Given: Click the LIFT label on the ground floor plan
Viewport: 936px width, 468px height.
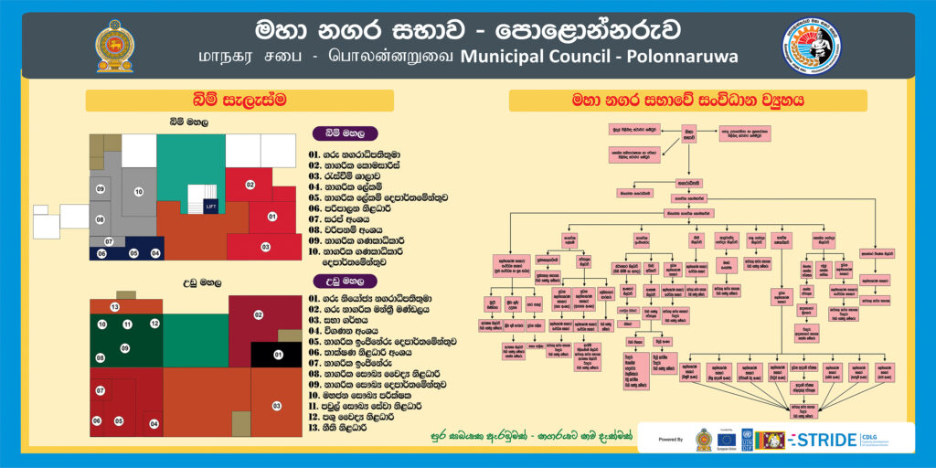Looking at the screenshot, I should [210, 207].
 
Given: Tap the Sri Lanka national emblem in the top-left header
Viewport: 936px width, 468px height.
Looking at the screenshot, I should [114, 45].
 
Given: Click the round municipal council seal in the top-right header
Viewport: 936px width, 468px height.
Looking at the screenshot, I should [812, 45].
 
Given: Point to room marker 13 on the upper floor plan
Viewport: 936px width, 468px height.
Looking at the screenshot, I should [114, 306].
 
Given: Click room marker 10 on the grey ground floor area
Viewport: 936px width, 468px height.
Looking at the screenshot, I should [139, 192].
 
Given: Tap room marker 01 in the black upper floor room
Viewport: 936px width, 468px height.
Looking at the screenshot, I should [279, 354].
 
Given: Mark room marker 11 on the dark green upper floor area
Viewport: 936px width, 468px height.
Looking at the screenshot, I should [128, 324].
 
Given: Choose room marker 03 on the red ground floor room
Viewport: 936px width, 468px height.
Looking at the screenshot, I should [265, 247].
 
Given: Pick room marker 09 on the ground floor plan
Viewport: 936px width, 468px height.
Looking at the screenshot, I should [100, 189].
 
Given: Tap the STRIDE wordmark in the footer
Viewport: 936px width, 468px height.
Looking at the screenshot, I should [824, 440].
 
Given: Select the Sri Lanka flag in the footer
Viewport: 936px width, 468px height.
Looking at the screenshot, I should [772, 440].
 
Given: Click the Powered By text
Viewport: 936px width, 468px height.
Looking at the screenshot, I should [671, 440].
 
